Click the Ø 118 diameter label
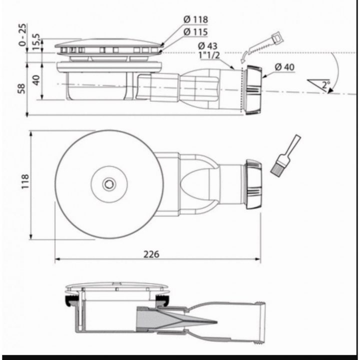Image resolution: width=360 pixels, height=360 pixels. [x=195, y=20]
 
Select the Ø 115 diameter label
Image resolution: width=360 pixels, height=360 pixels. [x=195, y=31]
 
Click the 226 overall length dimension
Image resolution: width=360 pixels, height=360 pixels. [x=151, y=254]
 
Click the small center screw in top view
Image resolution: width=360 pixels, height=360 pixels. [x=108, y=184]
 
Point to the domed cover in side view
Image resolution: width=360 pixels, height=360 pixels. [x=110, y=43]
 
